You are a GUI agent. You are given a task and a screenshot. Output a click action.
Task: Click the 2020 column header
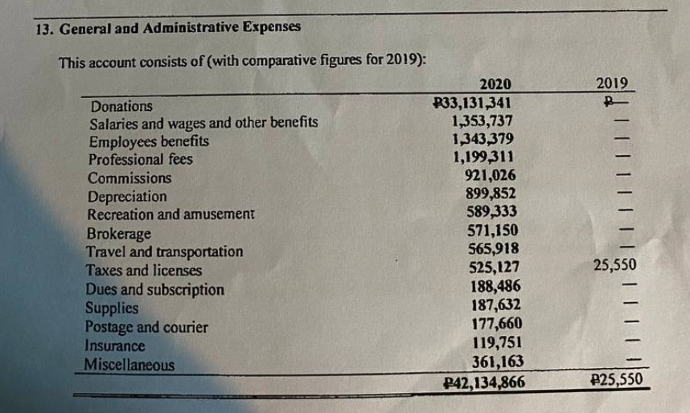pyautogui.click(x=495, y=84)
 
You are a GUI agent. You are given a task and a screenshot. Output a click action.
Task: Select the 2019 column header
pyautogui.click(x=612, y=83)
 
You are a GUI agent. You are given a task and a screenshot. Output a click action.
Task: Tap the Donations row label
pyautogui.click(x=121, y=106)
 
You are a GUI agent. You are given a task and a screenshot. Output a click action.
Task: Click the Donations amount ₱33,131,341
pyautogui.click(x=472, y=103)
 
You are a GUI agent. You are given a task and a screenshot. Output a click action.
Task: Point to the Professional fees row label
pyautogui.click(x=141, y=159)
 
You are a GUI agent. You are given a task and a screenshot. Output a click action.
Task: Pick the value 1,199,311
pyautogui.click(x=483, y=157)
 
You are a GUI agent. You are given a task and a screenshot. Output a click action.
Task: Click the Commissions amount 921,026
pyautogui.click(x=491, y=175)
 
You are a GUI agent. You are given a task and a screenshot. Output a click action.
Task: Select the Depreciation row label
pyautogui.click(x=127, y=197)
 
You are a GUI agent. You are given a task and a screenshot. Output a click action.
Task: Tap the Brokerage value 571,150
pyautogui.click(x=492, y=231)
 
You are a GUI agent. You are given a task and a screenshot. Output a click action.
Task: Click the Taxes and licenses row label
pyautogui.click(x=143, y=271)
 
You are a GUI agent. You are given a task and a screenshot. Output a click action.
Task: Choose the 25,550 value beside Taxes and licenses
pyautogui.click(x=614, y=265)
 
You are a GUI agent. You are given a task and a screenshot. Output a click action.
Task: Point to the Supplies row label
pyautogui.click(x=112, y=308)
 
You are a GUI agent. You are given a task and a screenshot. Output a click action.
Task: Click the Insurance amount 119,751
pyautogui.click(x=497, y=342)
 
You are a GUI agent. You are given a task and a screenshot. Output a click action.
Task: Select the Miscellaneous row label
pyautogui.click(x=129, y=365)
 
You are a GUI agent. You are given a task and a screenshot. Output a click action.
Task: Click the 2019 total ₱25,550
pyautogui.click(x=616, y=378)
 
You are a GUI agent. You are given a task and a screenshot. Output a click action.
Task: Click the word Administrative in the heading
pyautogui.click(x=190, y=27)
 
